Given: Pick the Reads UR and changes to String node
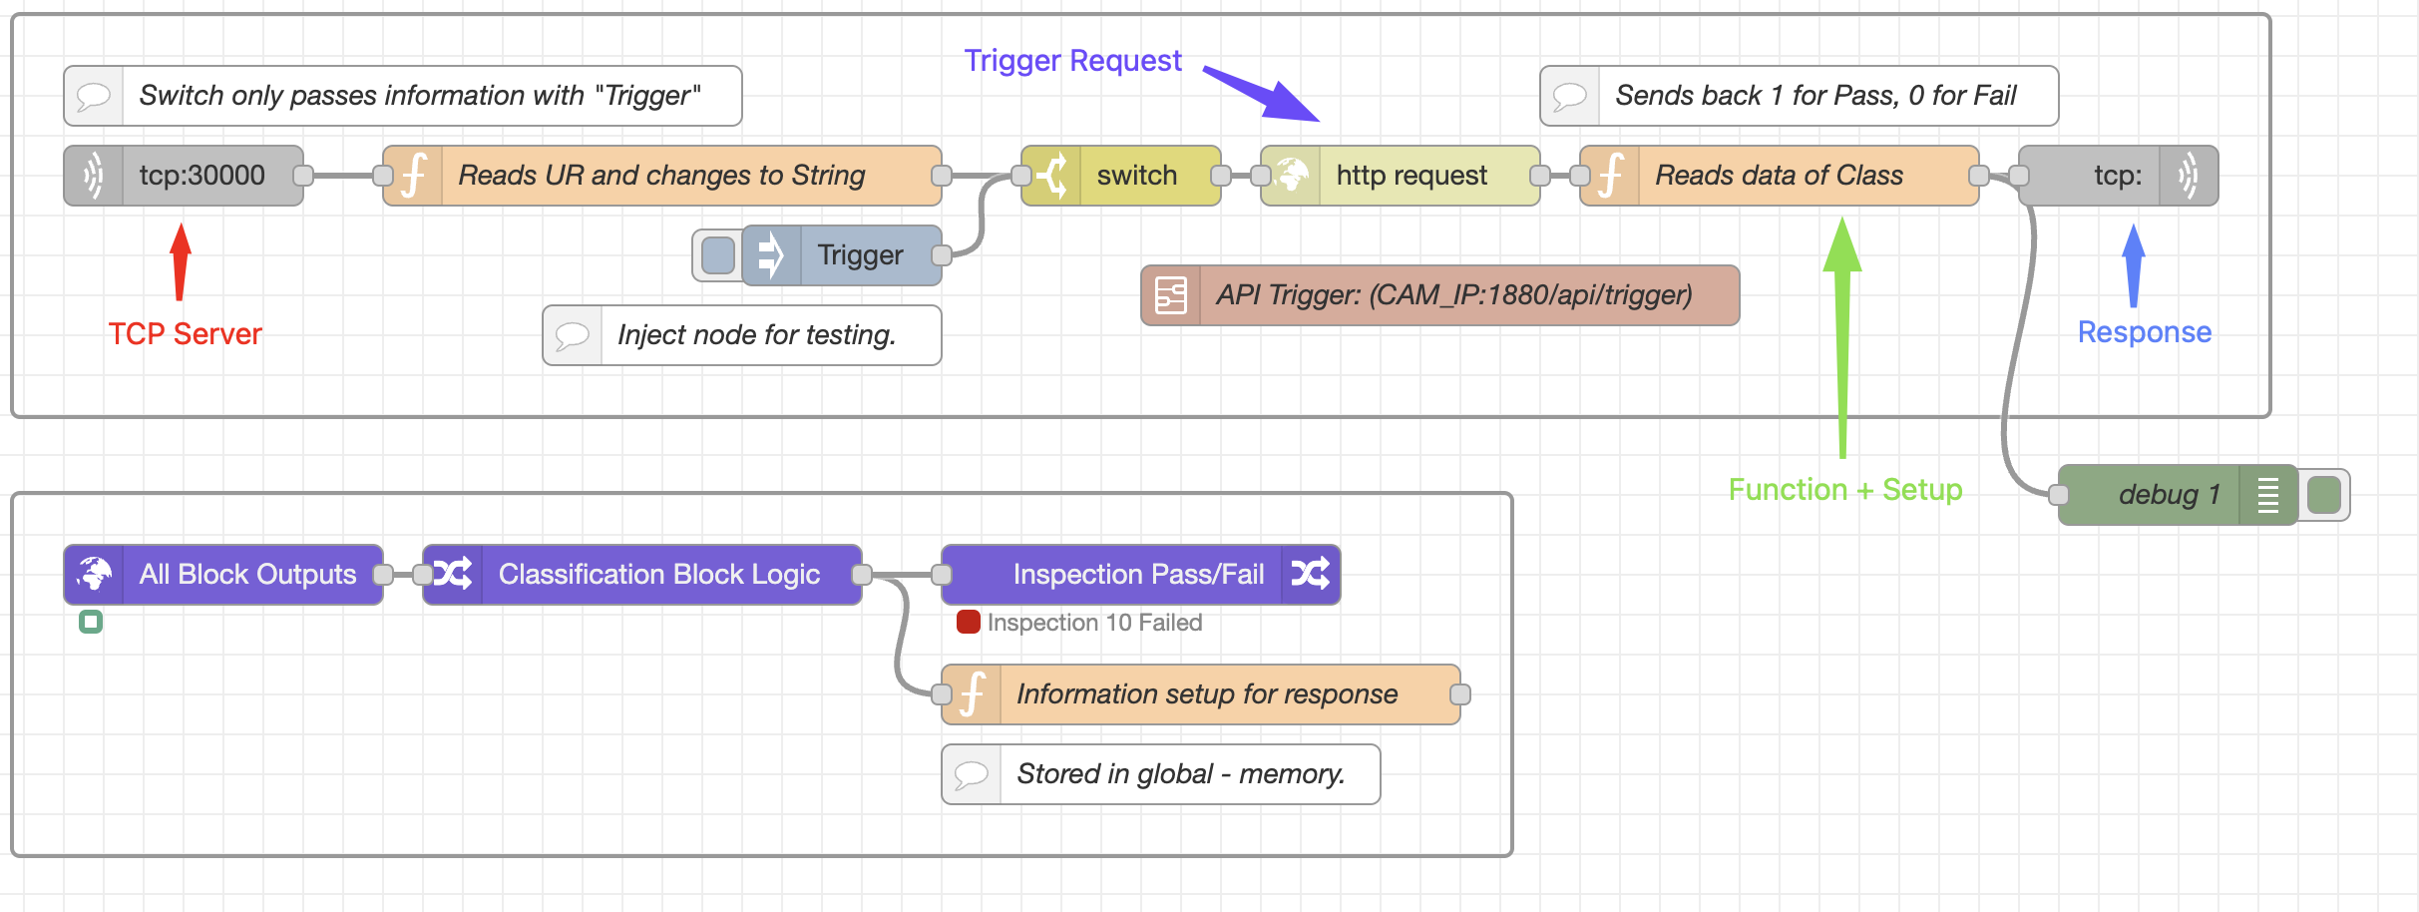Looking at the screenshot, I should (x=661, y=176).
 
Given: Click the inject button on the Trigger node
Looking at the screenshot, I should (x=717, y=255).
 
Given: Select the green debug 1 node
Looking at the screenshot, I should (x=2165, y=495).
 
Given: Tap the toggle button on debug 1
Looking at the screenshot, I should (x=2325, y=495).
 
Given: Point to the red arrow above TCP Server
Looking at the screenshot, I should (x=181, y=261).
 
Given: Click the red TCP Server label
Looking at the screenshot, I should (x=185, y=333).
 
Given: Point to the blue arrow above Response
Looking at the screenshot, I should (x=2134, y=264).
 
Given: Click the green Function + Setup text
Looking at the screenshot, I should (x=1844, y=490).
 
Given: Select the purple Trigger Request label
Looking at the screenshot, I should (x=1072, y=61).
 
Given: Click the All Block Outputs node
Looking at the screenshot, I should (x=223, y=575).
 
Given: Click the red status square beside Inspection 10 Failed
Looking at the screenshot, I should (x=968, y=623).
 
